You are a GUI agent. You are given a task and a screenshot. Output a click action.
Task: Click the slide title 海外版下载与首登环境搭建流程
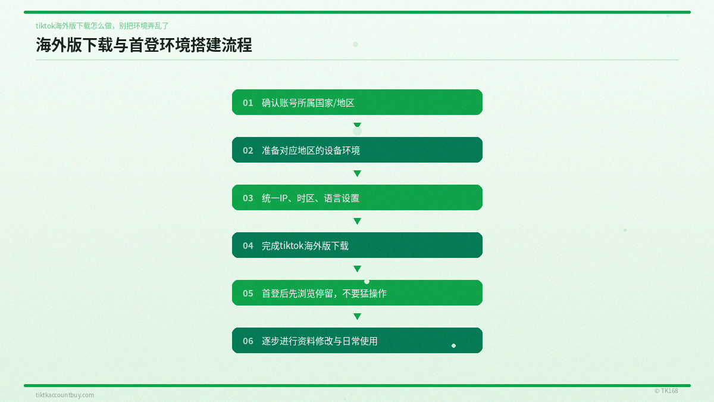pos(144,45)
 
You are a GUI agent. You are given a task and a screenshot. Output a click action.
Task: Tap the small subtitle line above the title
pos(102,26)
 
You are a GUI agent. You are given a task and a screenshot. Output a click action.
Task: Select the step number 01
pos(248,102)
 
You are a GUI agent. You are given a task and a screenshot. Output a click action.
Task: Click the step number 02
pos(248,150)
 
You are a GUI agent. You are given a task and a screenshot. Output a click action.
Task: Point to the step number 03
pos(248,198)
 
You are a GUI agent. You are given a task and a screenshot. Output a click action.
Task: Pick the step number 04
pos(248,245)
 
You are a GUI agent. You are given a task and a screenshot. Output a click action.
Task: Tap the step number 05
pos(248,293)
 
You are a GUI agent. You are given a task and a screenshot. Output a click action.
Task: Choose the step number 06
pos(248,341)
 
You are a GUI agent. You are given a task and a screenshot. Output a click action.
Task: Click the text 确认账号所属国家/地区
pos(308,102)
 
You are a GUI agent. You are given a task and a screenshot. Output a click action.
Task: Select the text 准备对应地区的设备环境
pos(311,150)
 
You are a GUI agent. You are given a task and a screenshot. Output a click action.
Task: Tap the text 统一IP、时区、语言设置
pos(311,198)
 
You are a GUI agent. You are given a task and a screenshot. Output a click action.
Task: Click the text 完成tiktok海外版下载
pos(305,245)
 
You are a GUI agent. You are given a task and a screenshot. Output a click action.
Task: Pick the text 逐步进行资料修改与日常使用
pos(320,341)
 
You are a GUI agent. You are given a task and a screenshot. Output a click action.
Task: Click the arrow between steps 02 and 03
pos(357,173)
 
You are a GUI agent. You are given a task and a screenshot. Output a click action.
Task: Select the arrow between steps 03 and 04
pos(357,221)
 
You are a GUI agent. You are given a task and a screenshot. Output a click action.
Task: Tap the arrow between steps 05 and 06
pos(357,316)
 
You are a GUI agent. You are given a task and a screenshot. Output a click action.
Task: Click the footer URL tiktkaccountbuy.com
pos(65,395)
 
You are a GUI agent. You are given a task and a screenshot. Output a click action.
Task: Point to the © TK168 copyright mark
pos(666,391)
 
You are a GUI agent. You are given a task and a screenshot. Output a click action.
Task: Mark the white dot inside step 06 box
pos(453,345)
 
